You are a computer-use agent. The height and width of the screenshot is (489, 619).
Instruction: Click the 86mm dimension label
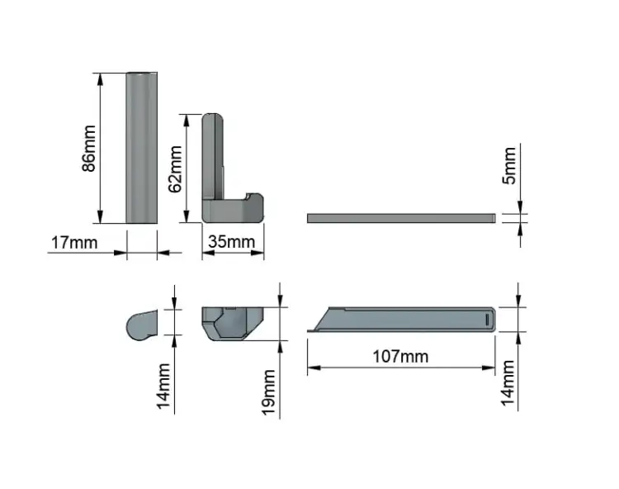[x=89, y=148]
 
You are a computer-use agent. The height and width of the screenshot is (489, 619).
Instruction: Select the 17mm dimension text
[x=74, y=243]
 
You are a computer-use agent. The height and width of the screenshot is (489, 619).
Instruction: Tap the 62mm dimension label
[x=175, y=169]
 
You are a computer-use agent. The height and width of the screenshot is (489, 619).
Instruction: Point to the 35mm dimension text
[x=232, y=242]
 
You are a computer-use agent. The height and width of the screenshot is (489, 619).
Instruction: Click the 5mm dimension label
[x=509, y=165]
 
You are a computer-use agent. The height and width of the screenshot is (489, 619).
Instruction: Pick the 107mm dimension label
[x=400, y=356]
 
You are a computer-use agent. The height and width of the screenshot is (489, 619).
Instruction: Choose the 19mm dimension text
[x=268, y=392]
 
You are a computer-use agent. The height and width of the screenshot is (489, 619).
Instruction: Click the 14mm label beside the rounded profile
[x=163, y=387]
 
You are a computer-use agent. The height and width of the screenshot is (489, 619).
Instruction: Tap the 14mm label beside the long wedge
[x=508, y=383]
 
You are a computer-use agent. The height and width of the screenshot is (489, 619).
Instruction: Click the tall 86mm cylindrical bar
[x=142, y=148]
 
